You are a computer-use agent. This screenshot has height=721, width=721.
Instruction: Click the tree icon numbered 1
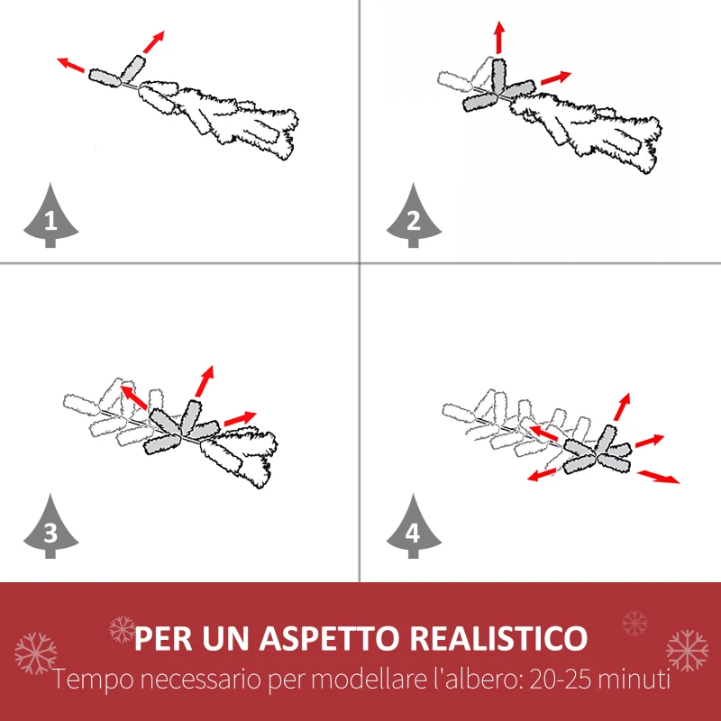click(50, 216)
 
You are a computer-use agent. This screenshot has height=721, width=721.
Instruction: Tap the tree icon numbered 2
click(414, 216)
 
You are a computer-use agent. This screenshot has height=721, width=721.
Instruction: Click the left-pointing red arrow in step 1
click(71, 65)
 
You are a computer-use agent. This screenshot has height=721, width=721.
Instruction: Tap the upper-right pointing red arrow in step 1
click(154, 41)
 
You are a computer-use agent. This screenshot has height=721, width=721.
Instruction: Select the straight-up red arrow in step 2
click(498, 39)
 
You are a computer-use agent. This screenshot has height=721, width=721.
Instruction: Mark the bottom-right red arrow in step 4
click(659, 476)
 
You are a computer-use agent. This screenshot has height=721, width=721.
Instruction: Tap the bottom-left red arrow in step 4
click(543, 474)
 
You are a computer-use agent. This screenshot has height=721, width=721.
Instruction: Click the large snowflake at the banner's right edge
click(687, 651)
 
